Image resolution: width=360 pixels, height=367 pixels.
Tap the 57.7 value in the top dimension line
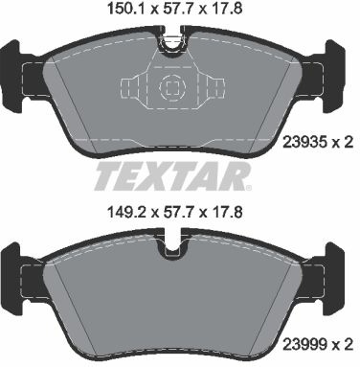point(176,12)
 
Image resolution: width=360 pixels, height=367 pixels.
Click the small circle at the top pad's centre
point(174,87)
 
